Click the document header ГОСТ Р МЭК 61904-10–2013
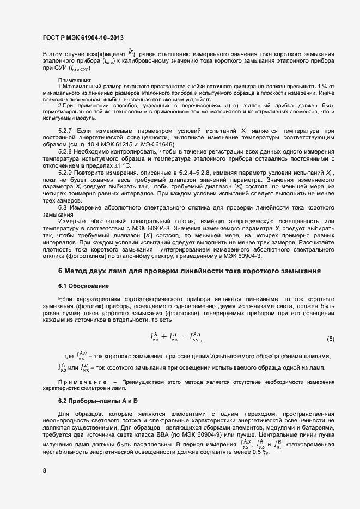click(83, 38)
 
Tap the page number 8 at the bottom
click(45, 471)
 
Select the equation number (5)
click(330, 339)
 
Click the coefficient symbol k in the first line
click(131, 53)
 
